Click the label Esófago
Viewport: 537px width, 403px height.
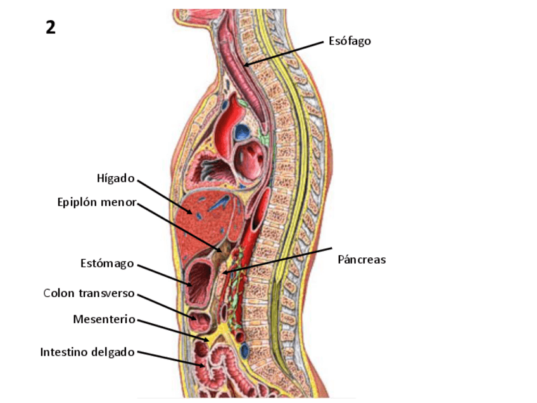[x=350, y=41]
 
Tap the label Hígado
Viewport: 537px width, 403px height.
[x=115, y=178]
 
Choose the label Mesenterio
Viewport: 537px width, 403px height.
[x=104, y=319]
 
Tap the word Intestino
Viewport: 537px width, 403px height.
[x=65, y=351]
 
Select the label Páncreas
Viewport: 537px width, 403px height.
[x=362, y=259]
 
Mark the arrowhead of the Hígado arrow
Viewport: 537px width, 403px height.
[x=193, y=213]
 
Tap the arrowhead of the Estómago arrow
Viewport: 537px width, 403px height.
[x=192, y=286]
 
